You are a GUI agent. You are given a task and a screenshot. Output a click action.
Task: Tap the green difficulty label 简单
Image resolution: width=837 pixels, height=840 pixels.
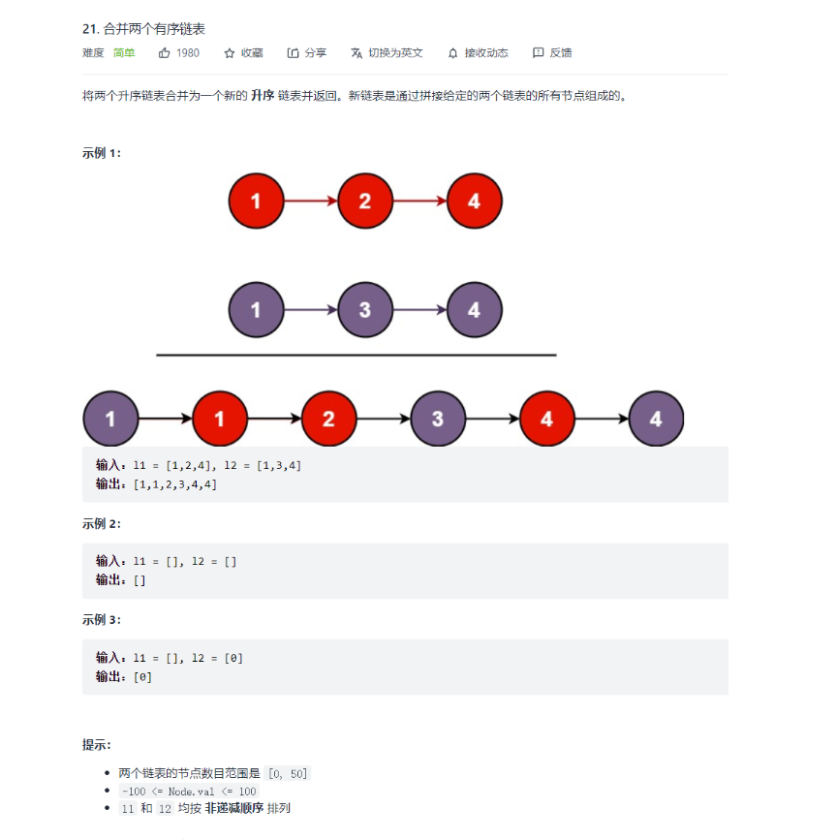(124, 53)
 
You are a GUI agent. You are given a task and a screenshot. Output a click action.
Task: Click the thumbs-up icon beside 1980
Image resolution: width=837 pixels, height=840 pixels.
(164, 53)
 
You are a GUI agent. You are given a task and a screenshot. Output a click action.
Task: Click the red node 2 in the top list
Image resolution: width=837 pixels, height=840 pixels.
(365, 202)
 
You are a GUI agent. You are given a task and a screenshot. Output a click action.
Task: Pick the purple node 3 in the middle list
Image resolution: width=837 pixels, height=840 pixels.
(365, 311)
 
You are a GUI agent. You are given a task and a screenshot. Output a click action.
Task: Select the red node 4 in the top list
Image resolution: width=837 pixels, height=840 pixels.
(474, 202)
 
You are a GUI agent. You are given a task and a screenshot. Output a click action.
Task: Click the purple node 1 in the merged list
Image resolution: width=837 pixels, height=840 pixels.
(110, 420)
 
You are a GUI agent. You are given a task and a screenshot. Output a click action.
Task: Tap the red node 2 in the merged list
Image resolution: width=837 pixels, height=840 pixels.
(328, 420)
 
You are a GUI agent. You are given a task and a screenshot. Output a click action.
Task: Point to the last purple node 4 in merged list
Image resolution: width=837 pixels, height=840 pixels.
(656, 420)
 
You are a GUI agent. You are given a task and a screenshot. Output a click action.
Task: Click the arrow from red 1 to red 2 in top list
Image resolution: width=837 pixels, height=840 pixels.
(310, 202)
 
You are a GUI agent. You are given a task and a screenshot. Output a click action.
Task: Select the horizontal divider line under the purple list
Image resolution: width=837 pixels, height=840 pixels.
(356, 356)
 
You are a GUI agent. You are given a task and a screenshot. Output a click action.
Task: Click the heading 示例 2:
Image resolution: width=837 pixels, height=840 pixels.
(102, 524)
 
